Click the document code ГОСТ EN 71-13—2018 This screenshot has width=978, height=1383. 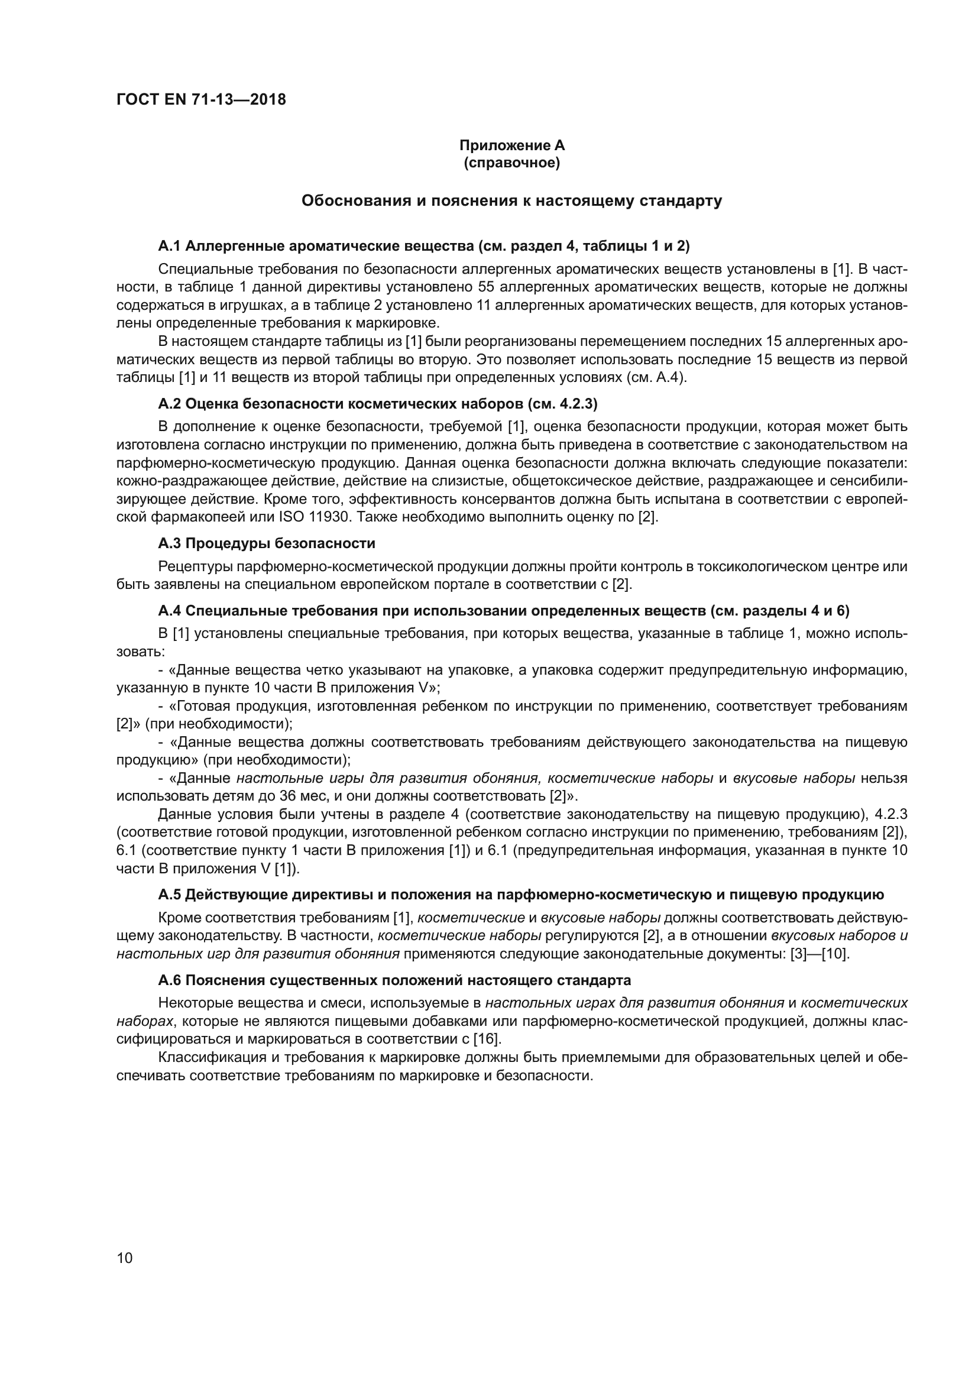(201, 99)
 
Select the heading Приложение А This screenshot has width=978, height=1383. (512, 145)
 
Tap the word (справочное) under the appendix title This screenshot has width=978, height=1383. (512, 163)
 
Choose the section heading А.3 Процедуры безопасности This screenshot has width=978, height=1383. (266, 543)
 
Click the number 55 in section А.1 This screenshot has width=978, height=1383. (486, 287)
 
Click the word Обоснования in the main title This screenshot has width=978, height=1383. (355, 200)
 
